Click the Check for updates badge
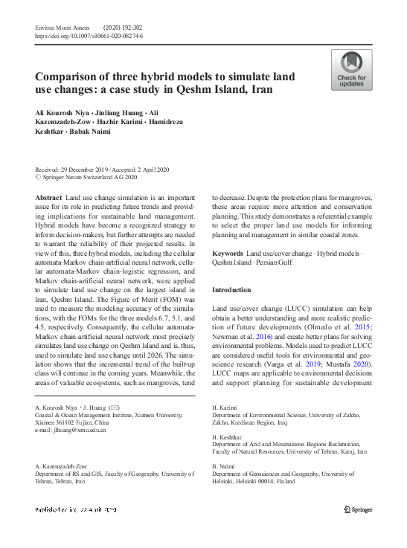point(352,71)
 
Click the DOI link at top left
point(89,36)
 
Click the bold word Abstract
point(49,197)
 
